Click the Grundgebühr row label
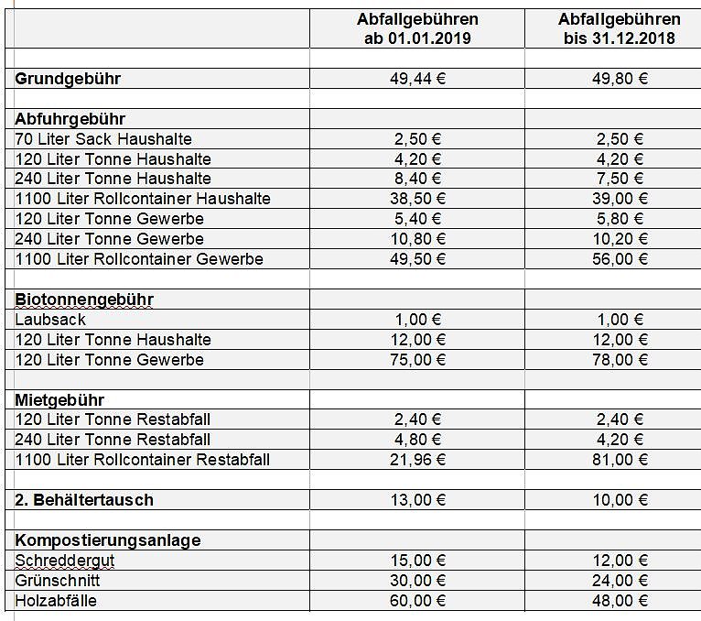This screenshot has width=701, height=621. (68, 79)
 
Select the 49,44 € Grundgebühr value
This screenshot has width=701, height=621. (416, 79)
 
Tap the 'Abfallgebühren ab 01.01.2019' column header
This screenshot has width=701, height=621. (416, 28)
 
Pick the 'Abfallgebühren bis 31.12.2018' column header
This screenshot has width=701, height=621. (620, 28)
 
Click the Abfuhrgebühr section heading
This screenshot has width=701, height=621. (70, 119)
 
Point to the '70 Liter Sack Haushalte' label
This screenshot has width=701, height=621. (103, 139)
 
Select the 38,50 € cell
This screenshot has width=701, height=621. (416, 199)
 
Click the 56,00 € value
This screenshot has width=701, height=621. (620, 259)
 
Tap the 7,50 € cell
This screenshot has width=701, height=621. (620, 179)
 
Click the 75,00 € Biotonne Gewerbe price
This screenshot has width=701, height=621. (416, 360)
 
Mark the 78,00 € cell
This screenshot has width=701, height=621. (620, 360)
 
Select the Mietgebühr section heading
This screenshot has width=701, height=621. (59, 400)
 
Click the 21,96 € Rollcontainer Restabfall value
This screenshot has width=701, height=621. (416, 460)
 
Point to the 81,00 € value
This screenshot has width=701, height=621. (620, 460)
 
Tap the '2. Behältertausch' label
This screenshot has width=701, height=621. (84, 500)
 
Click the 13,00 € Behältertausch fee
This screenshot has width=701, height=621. (416, 500)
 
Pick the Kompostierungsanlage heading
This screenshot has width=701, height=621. (108, 540)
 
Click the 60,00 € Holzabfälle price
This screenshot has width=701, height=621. (416, 601)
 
